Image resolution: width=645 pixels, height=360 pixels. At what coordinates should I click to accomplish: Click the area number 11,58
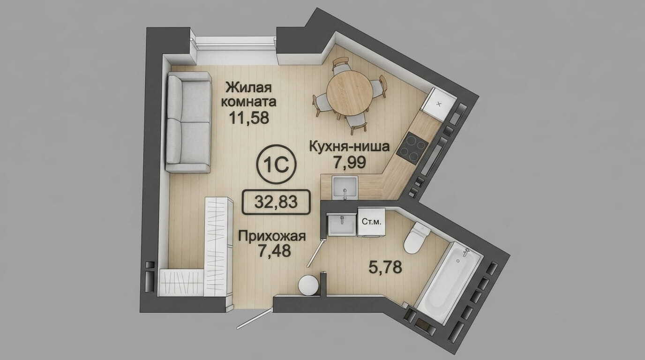coord(249,118)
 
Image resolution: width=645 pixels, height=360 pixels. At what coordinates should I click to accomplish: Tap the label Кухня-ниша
coord(349,146)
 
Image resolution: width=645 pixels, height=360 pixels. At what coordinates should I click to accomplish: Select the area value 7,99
coord(350,162)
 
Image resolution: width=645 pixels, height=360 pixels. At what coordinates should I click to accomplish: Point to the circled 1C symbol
coord(276,164)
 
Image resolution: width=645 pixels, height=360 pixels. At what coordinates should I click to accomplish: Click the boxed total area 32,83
coord(276,202)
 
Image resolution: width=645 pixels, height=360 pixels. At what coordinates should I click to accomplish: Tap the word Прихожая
coord(272,237)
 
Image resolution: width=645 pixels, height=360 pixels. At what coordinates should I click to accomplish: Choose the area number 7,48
coord(274,251)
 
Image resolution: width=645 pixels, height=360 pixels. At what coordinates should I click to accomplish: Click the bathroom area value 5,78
coord(385,267)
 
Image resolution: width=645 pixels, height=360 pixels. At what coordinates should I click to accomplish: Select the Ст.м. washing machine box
coord(371,222)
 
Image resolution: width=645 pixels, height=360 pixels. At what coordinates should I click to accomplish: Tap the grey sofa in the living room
coord(188,122)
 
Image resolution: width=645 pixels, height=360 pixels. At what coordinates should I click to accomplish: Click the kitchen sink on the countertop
coord(345,187)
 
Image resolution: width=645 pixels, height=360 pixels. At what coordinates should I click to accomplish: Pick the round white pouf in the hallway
coord(308,285)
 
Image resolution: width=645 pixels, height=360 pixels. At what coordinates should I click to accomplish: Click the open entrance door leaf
coord(254,319)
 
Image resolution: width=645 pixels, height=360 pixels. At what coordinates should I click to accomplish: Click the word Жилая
coord(248,87)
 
